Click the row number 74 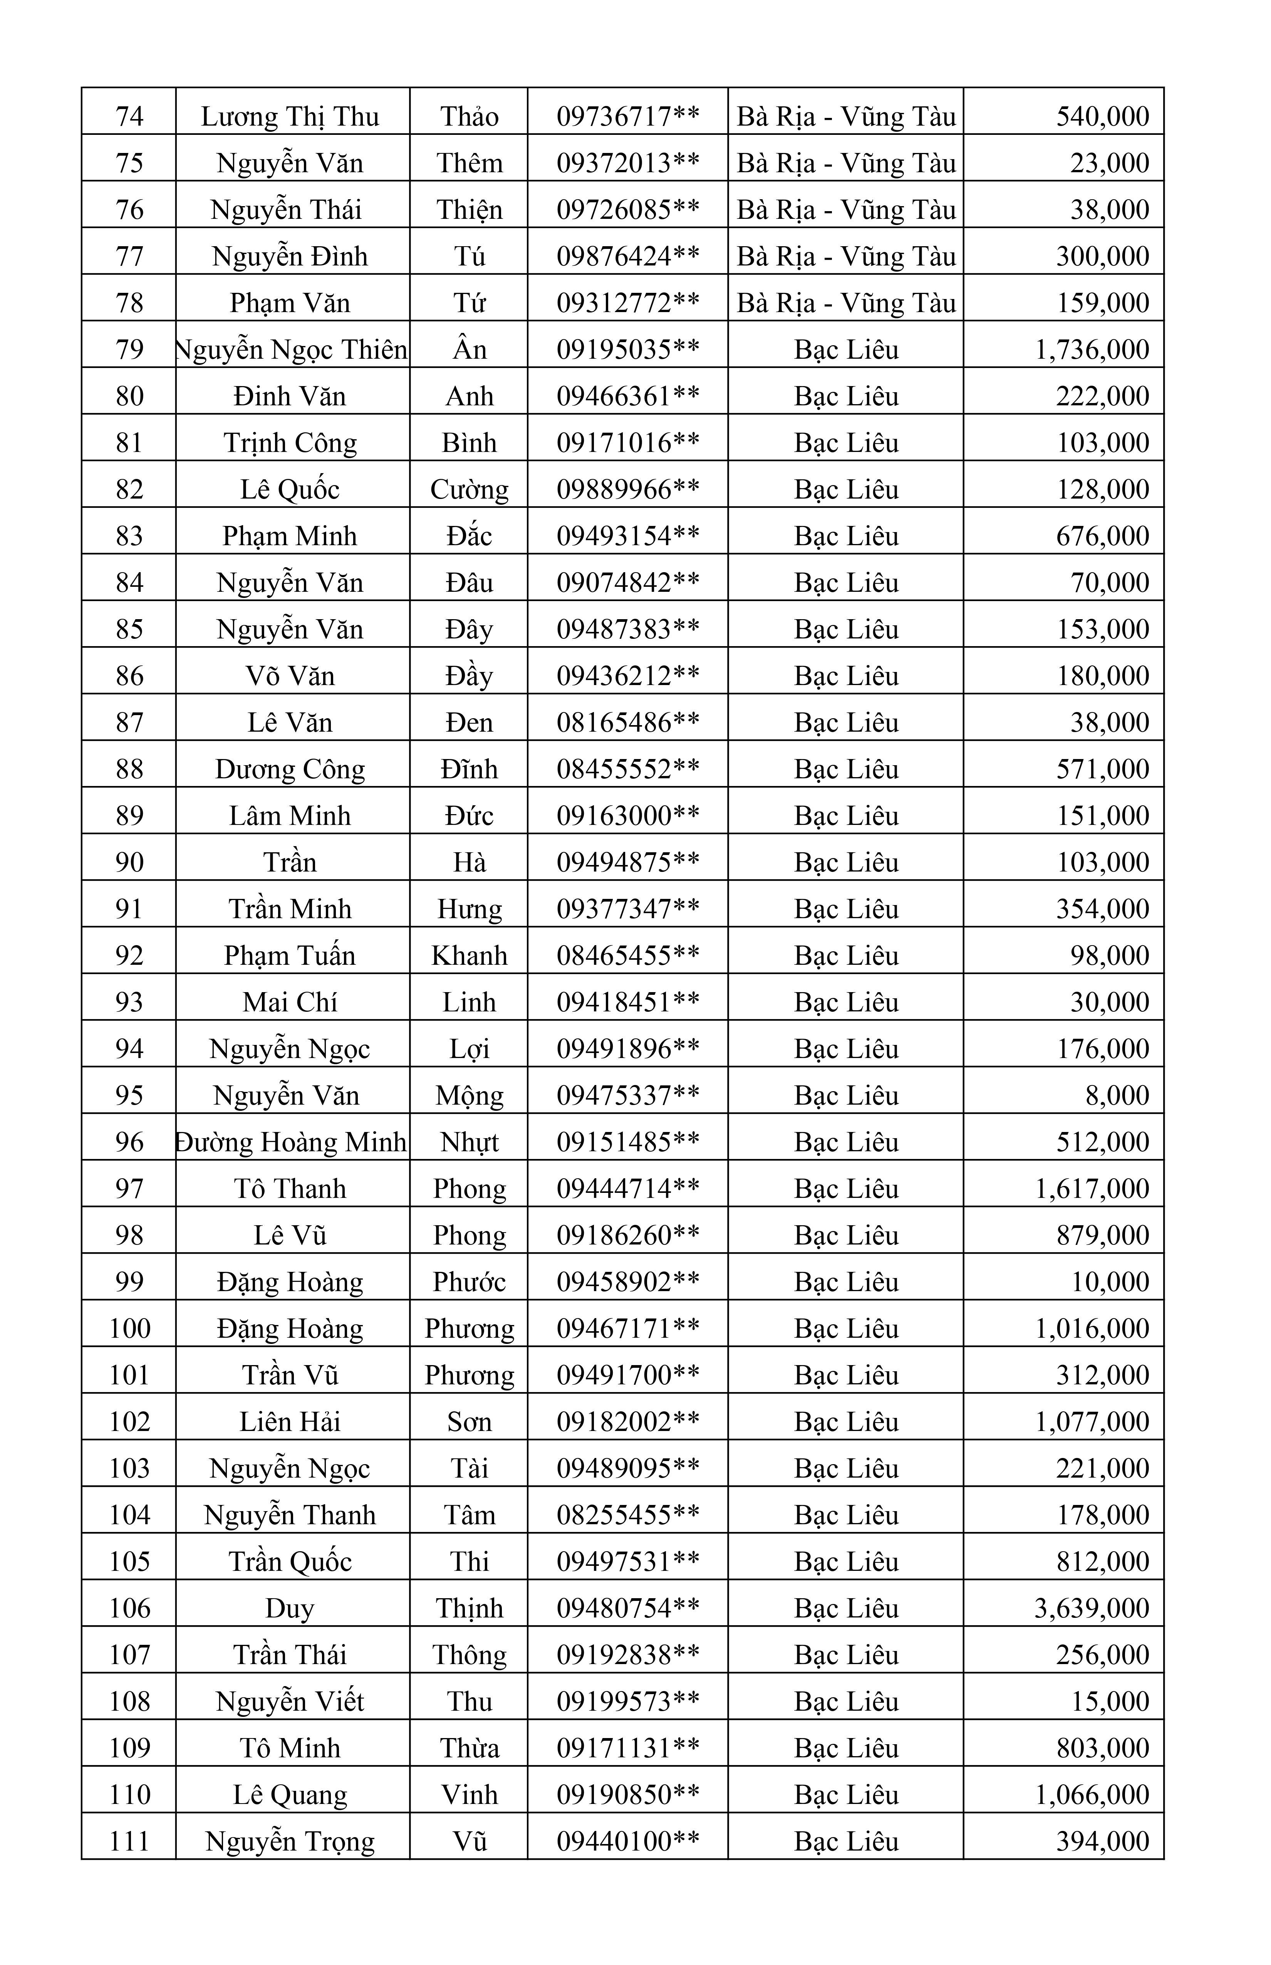pyautogui.click(x=129, y=116)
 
